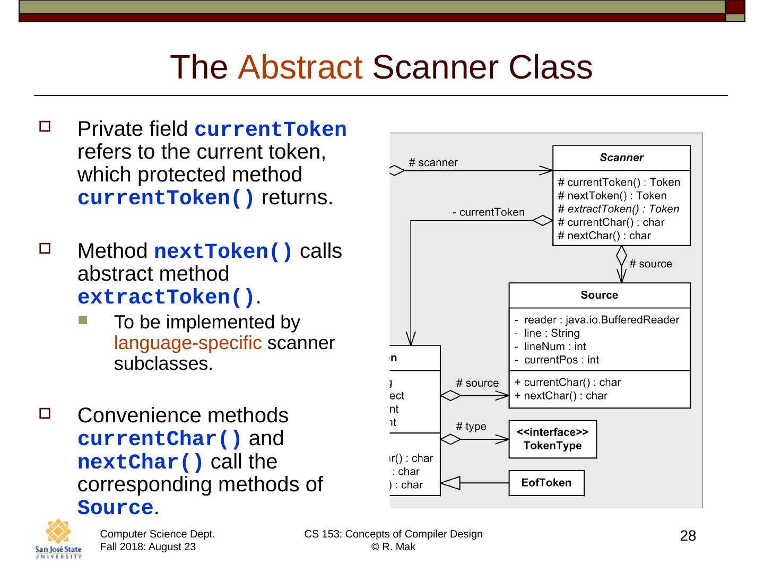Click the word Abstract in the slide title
[300, 68]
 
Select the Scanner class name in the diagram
[621, 158]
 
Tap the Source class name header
[599, 295]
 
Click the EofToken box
[546, 483]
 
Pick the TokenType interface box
[552, 439]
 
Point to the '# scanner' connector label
[433, 162]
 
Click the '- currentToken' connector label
[488, 213]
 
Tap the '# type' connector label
[471, 427]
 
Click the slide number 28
[688, 536]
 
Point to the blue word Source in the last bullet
[115, 508]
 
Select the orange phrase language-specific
[188, 343]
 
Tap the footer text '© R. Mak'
[393, 547]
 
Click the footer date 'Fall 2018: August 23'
[147, 547]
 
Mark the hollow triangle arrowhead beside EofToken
[450, 483]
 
